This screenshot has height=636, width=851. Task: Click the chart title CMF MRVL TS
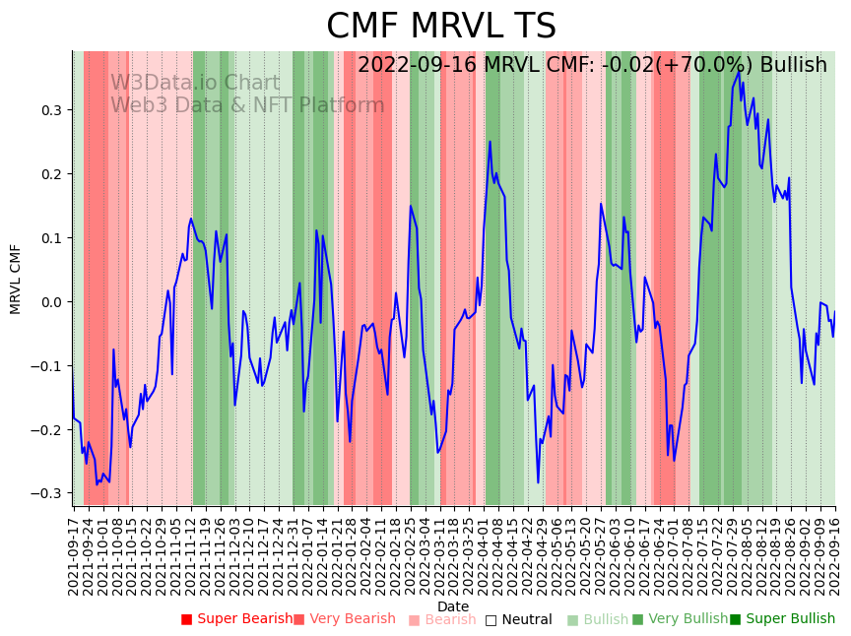click(441, 27)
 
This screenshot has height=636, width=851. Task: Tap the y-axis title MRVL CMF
click(15, 279)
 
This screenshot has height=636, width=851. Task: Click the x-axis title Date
click(453, 606)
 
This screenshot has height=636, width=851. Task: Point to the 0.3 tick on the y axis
click(49, 110)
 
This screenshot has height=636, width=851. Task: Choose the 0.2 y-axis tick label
click(49, 174)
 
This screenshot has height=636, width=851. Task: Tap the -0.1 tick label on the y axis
click(46, 366)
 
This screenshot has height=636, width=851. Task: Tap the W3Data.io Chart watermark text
click(195, 84)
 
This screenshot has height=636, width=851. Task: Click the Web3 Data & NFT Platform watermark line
click(247, 105)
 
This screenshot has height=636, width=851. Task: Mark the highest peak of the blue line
click(739, 71)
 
